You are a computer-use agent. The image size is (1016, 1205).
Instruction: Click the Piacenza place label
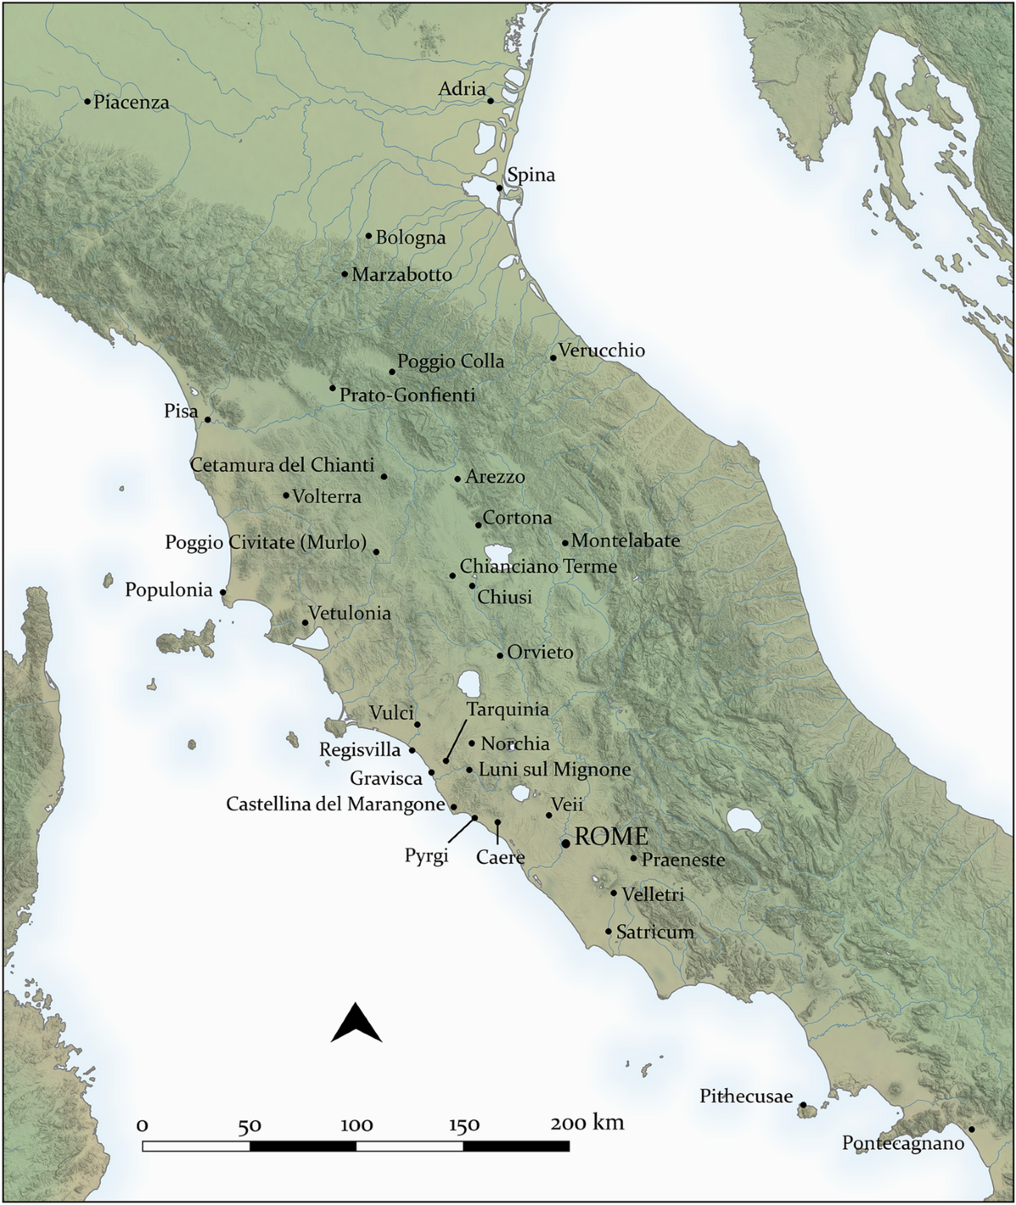point(131,102)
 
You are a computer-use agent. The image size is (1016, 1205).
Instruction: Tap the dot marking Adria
point(490,101)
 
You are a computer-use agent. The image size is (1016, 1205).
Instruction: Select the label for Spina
point(531,175)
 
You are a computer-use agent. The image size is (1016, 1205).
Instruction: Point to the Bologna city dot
point(368,236)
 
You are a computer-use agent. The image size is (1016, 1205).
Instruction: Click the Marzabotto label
point(402,274)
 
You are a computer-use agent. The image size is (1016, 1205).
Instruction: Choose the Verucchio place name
point(602,351)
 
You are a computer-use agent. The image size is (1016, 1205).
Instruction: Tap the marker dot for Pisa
point(207,419)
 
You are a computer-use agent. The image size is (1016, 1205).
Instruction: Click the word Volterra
point(327,497)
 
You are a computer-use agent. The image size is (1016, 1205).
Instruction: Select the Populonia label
point(168,590)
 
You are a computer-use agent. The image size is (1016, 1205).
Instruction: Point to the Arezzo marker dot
point(457,478)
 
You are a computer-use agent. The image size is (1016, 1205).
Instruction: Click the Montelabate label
point(626,540)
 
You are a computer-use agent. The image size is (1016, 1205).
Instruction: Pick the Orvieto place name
point(540,653)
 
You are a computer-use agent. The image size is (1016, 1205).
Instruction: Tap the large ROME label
point(611,837)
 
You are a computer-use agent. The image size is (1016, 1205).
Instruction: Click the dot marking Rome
point(566,843)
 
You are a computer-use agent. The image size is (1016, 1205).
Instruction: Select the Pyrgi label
point(426,856)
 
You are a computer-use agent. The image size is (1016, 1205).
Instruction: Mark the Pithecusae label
point(746,1097)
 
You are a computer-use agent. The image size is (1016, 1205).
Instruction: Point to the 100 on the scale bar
point(356,1125)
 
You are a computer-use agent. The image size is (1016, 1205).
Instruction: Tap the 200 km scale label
point(587,1124)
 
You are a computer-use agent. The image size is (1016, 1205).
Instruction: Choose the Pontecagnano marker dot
point(971,1129)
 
